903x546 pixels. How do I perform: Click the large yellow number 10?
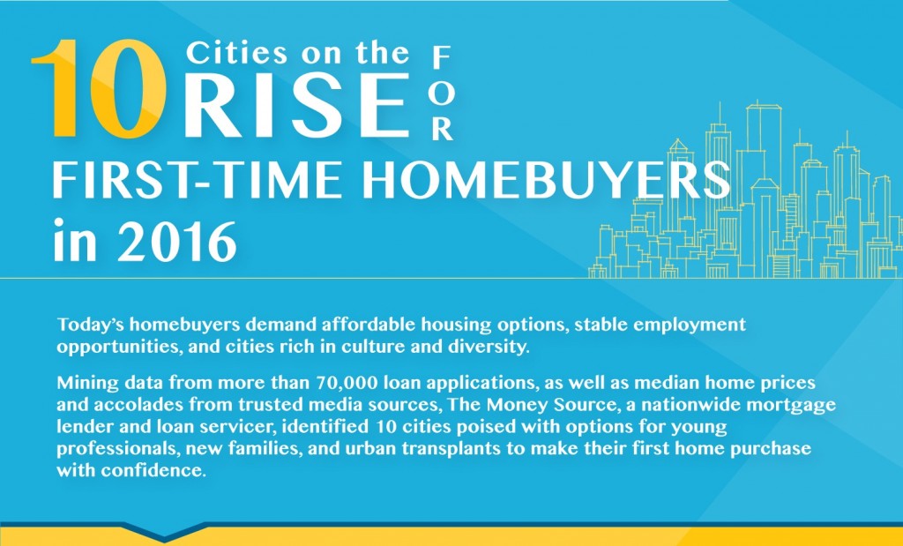click(99, 88)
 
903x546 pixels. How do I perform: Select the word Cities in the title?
click(236, 54)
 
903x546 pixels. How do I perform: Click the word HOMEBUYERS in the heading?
click(546, 180)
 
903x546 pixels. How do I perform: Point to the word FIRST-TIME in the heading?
click(197, 180)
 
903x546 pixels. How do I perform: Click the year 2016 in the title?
click(176, 241)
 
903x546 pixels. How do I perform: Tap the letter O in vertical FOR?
click(441, 94)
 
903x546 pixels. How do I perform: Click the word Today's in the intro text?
click(91, 325)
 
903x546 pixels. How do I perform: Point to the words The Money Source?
click(532, 404)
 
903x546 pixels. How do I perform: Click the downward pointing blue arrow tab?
click(164, 530)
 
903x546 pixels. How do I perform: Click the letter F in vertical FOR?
click(441, 57)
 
